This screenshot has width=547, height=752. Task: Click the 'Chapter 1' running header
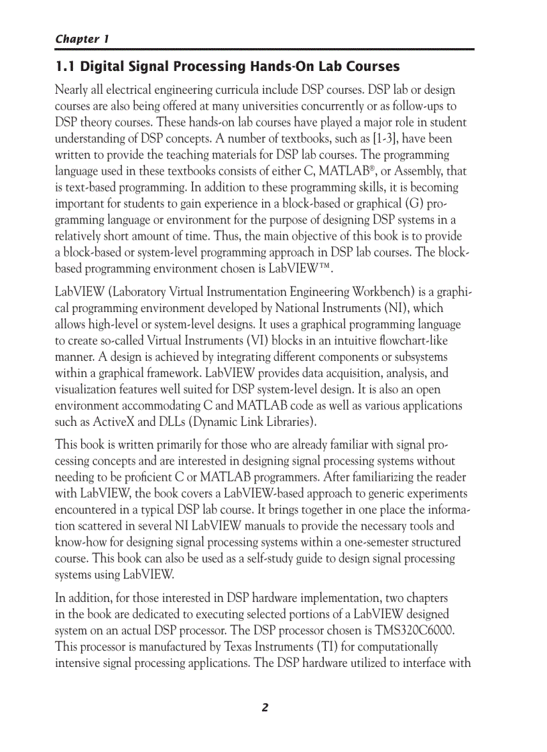pos(82,39)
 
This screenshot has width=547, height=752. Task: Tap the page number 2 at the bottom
pos(265,707)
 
